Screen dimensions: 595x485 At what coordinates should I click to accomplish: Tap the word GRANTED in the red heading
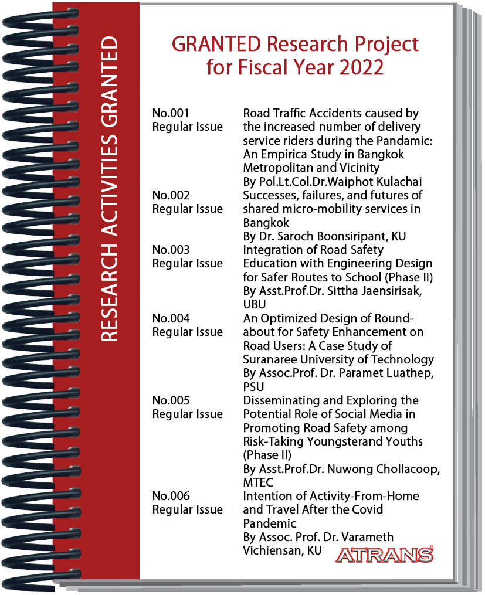(x=209, y=44)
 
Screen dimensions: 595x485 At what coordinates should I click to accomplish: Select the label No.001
(x=171, y=113)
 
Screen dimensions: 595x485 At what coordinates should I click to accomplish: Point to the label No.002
(x=171, y=195)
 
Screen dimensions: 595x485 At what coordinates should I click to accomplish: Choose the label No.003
(x=171, y=250)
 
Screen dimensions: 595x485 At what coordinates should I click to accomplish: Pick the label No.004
(x=171, y=318)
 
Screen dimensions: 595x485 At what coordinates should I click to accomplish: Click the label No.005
(x=171, y=400)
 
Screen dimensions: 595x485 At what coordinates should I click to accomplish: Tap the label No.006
(x=171, y=497)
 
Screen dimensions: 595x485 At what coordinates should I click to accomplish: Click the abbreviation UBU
(x=254, y=305)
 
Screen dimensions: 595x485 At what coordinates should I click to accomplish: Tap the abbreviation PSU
(x=253, y=387)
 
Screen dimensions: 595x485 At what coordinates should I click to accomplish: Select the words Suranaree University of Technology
(x=338, y=359)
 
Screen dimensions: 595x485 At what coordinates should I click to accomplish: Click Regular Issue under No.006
(x=187, y=510)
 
